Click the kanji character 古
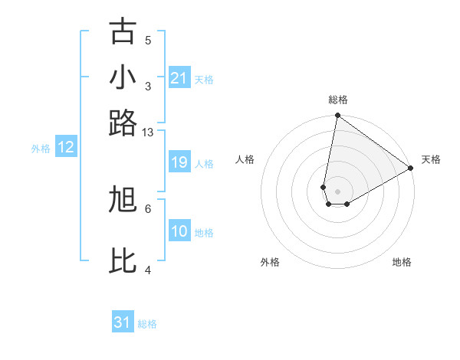coord(123,31)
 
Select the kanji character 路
coord(123,123)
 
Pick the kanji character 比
coord(123,260)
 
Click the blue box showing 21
coord(179,77)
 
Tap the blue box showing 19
coord(179,162)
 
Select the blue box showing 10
coord(179,231)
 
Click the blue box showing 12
coord(66,147)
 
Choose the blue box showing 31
coord(123,322)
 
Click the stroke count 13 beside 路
coord(148,133)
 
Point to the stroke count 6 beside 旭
coord(148,208)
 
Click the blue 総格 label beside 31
coord(147,324)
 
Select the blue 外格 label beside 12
coord(41,149)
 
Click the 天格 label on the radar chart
coord(431,159)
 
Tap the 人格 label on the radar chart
coord(245,159)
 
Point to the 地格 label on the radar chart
coord(402,262)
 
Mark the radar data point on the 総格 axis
coord(337,116)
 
